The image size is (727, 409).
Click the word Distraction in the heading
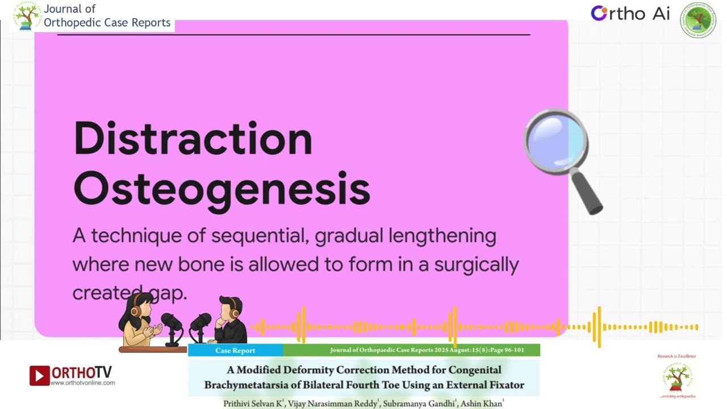pos(193,139)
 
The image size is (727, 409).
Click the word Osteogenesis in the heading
pos(222,189)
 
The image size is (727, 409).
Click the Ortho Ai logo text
pos(630,14)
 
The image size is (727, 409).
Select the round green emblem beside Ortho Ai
pos(698,19)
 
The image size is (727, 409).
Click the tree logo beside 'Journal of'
pos(27,16)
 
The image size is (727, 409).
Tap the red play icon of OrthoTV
pos(39,375)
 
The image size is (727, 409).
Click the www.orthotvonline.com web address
pos(83,383)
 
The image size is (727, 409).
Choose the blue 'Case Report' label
pos(235,350)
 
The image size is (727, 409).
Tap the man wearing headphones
pos(231,320)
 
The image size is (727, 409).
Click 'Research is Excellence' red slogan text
pos(676,356)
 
